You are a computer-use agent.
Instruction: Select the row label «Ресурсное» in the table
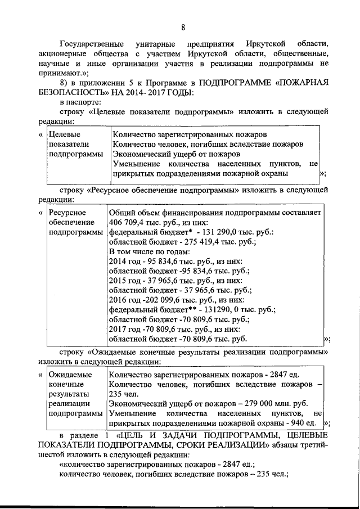click(x=67, y=213)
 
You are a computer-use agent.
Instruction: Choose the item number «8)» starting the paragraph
click(x=64, y=82)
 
